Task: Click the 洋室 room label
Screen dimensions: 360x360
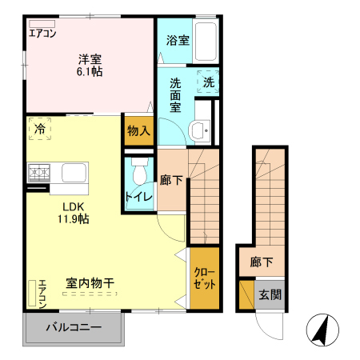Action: [90, 58]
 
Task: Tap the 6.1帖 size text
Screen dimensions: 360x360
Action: [90, 70]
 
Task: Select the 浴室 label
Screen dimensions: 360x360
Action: [178, 41]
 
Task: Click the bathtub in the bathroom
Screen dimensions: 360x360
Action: [207, 39]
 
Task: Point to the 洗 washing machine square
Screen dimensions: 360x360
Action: [208, 82]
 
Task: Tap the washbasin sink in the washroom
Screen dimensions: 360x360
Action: [199, 130]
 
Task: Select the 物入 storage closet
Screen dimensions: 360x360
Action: [139, 130]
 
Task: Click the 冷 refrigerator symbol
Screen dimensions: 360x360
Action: [39, 128]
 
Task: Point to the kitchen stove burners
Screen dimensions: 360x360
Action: [38, 172]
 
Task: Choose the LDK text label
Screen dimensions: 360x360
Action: [66, 204]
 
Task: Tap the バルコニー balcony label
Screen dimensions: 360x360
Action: [73, 327]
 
